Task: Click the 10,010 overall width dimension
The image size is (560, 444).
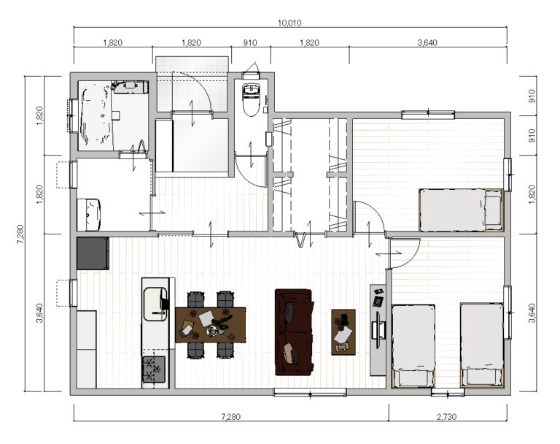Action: click(x=289, y=23)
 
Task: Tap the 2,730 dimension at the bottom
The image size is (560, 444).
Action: click(x=446, y=417)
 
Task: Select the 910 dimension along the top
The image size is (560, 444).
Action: click(x=250, y=43)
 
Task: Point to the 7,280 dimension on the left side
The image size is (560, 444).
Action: click(x=20, y=234)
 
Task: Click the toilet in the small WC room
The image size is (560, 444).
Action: click(x=251, y=99)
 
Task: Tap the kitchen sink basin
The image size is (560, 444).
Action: click(x=155, y=304)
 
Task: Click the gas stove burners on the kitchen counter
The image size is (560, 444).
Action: click(x=154, y=370)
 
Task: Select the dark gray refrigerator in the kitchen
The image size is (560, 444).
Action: click(x=93, y=253)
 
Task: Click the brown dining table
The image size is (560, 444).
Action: click(x=210, y=324)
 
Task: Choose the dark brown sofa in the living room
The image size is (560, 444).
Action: click(x=295, y=332)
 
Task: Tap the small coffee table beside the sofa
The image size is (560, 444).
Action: click(x=343, y=332)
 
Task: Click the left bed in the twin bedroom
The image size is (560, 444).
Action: click(x=413, y=345)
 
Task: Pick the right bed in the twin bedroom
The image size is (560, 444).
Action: click(x=482, y=345)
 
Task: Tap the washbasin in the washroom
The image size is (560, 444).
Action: click(x=89, y=214)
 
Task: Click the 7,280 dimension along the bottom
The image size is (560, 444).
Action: click(x=231, y=417)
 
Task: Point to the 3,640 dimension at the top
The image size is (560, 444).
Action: click(x=427, y=43)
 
